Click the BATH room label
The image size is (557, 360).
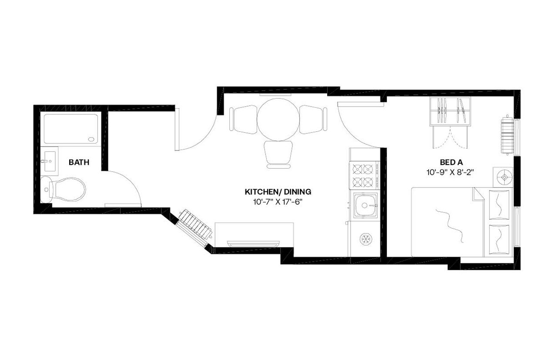[x=79, y=163]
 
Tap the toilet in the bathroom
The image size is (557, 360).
[x=65, y=190]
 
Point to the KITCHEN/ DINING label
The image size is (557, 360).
[x=278, y=192]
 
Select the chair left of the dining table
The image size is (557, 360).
[x=242, y=119]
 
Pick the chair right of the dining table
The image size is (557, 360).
[x=313, y=119]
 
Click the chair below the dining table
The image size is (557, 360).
[x=278, y=153]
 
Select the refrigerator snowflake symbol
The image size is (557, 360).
[x=365, y=239]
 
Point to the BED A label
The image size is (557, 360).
[x=450, y=163]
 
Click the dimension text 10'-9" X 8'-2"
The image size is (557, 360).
[x=450, y=172]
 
